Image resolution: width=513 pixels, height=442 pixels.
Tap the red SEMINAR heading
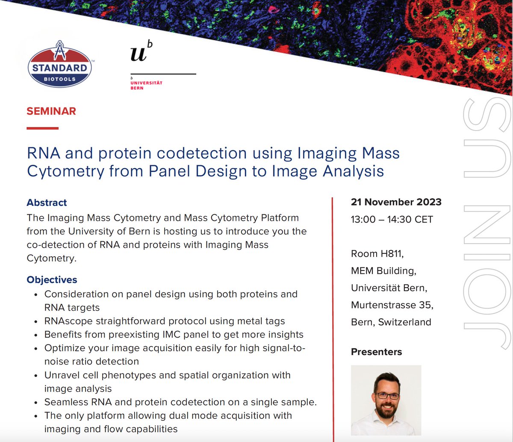click(51, 111)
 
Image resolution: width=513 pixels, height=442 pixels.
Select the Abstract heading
click(47, 202)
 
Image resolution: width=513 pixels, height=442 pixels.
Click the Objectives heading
click(52, 280)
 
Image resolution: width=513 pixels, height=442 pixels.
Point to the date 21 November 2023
click(396, 202)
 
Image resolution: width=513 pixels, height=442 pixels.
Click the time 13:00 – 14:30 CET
click(392, 220)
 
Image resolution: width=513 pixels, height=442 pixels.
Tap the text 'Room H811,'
click(377, 254)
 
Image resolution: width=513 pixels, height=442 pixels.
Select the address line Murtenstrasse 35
click(391, 305)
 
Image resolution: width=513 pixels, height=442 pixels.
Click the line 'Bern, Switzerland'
click(391, 322)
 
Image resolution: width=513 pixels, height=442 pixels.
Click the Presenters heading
click(376, 352)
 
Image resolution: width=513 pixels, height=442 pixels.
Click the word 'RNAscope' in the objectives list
click(66, 321)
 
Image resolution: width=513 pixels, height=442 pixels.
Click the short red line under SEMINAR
click(42, 128)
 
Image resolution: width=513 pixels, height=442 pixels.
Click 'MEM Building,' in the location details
click(383, 271)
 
